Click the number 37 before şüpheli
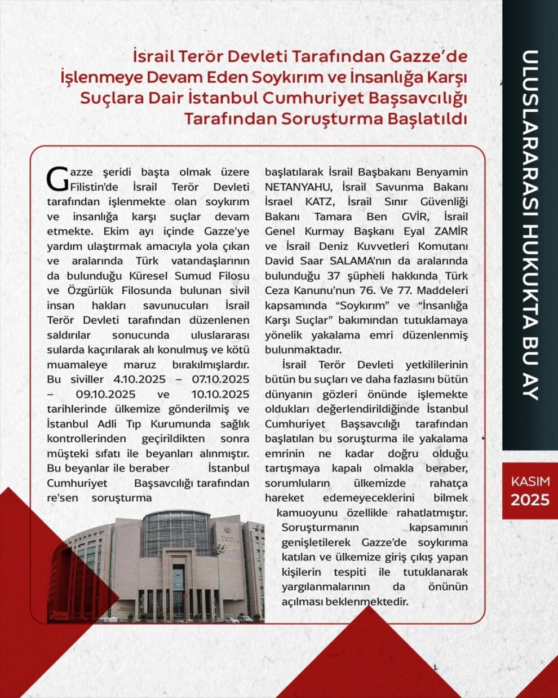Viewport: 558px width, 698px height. click(x=336, y=276)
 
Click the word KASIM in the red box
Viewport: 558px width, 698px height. click(x=530, y=482)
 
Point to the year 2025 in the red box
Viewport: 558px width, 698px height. click(x=530, y=500)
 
